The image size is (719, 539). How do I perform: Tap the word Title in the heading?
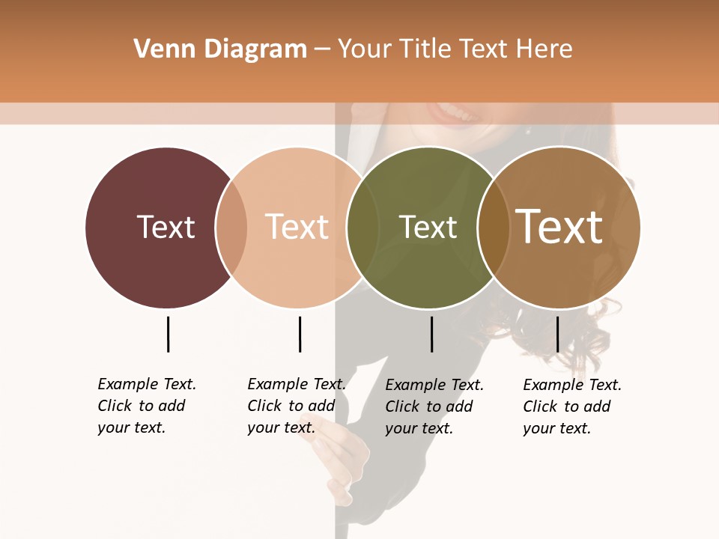coord(425,49)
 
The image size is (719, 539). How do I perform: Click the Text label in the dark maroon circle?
coord(166,227)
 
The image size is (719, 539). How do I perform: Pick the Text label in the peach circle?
coord(297,227)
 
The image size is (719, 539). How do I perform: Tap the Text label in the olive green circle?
coord(428,227)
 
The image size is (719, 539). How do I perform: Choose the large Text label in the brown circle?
coord(559,227)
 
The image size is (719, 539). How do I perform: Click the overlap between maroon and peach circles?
coord(231,228)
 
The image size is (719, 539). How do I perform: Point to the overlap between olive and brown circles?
coord(494,228)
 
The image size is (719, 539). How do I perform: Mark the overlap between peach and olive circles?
coord(362,228)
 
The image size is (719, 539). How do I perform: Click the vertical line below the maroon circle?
coord(168,334)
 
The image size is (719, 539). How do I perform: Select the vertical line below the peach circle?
coord(300,334)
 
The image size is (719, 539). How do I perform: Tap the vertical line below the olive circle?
coord(431,334)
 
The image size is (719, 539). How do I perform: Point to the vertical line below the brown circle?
coord(557,334)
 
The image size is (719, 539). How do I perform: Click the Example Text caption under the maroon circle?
coord(146,406)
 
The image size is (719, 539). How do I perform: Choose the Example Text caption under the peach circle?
coord(296,406)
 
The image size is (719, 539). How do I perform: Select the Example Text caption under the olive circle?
coord(434,406)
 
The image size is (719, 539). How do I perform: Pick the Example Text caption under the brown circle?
coord(571,406)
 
